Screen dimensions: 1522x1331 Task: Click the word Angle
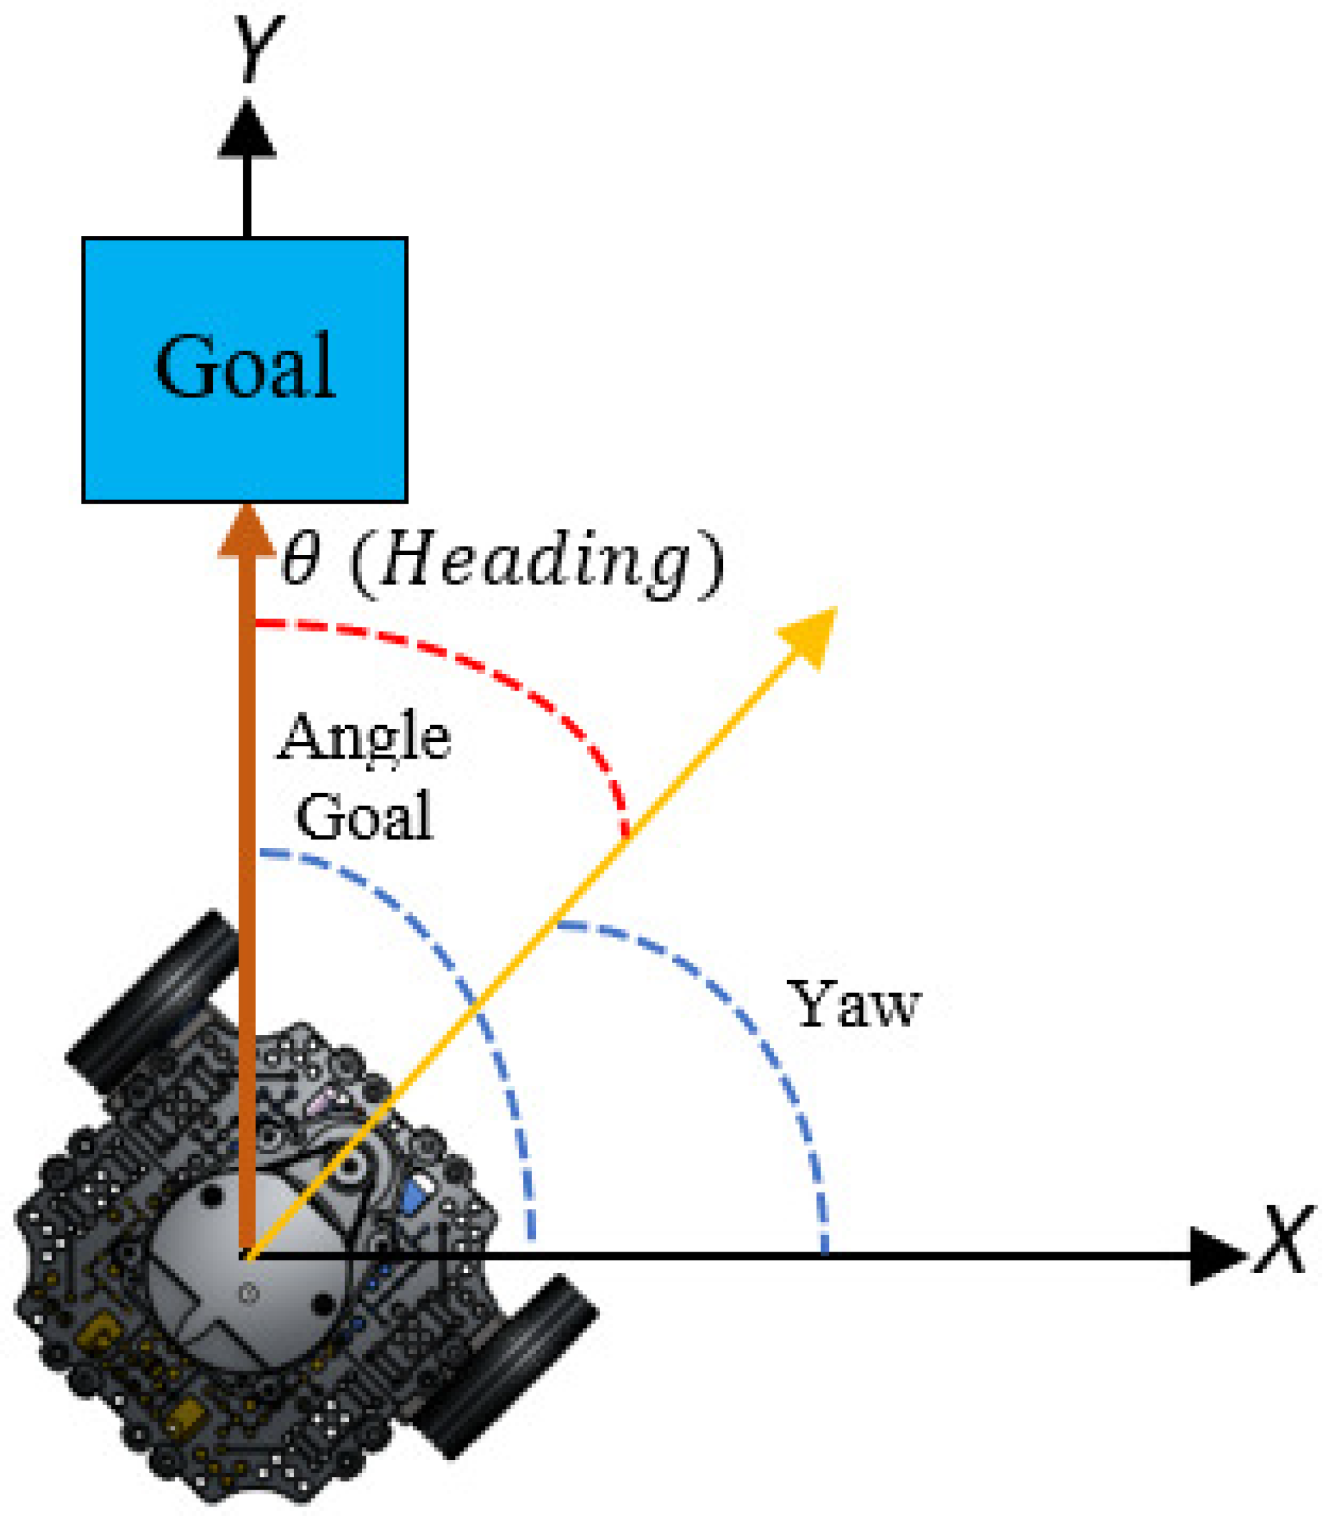click(x=364, y=737)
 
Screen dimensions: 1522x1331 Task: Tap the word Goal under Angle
click(x=364, y=816)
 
